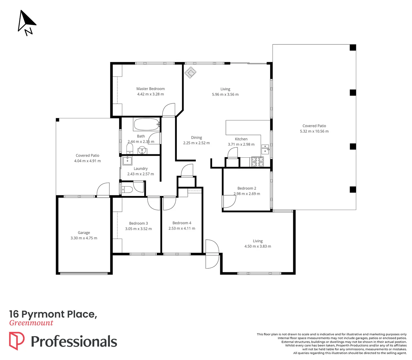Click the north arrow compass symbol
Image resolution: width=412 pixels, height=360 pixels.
(x=26, y=23)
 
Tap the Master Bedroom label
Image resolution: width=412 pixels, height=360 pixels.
(x=150, y=89)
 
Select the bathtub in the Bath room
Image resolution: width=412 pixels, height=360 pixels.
(x=146, y=125)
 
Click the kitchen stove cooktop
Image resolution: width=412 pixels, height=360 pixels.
(x=257, y=162)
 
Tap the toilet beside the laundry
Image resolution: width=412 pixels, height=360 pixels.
(x=127, y=190)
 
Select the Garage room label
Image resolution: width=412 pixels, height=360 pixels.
(x=84, y=233)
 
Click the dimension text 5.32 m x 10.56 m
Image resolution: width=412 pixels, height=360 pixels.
(x=314, y=131)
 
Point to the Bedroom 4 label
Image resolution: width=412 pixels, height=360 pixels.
(x=182, y=223)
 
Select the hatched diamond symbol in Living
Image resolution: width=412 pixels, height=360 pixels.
(x=190, y=72)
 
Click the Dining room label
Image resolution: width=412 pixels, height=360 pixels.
(x=196, y=137)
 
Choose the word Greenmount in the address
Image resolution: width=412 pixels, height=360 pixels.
(x=31, y=323)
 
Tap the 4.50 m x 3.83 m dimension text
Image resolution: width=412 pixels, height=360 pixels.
(x=258, y=246)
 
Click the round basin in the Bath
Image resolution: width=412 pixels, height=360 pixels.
(x=142, y=150)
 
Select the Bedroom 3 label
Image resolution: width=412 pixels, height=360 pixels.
(x=138, y=223)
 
